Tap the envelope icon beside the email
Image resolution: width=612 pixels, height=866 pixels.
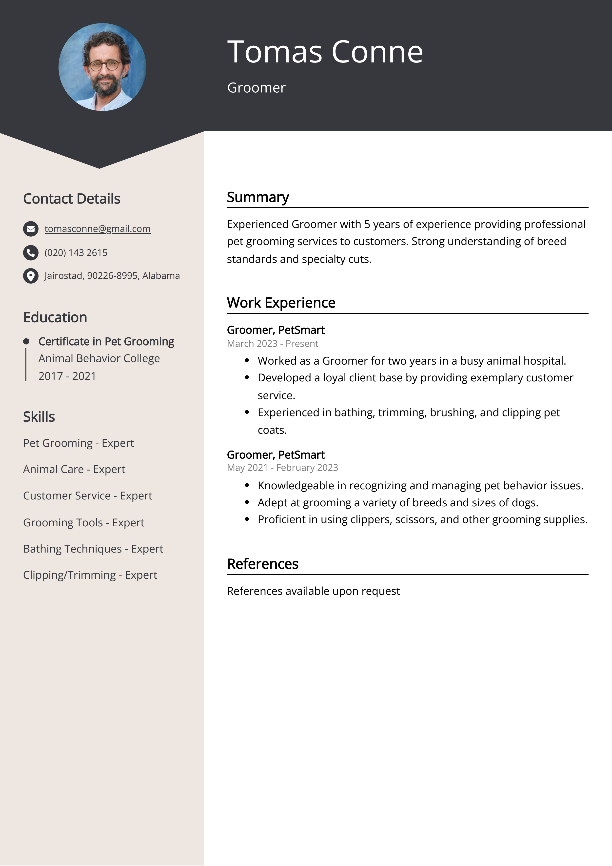(x=31, y=229)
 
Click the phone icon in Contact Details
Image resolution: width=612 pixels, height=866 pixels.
(x=31, y=253)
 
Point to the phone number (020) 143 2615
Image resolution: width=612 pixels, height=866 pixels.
(x=76, y=253)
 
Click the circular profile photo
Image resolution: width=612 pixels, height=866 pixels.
(x=102, y=67)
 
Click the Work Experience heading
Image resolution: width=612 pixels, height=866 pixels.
(x=281, y=303)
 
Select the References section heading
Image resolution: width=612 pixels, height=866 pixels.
(x=262, y=564)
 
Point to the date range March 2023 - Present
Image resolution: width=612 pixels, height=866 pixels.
(x=272, y=344)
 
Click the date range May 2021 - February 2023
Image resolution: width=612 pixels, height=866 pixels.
(x=282, y=468)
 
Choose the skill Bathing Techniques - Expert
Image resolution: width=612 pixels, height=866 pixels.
(x=93, y=549)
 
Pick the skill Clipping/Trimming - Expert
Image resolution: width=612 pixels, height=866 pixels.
(x=90, y=575)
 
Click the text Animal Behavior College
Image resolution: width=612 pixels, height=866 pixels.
(x=99, y=358)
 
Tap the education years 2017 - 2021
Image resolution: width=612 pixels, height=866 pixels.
(x=67, y=376)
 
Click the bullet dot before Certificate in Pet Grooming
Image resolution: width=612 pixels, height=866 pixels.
(x=26, y=342)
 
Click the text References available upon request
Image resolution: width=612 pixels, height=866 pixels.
(x=313, y=591)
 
